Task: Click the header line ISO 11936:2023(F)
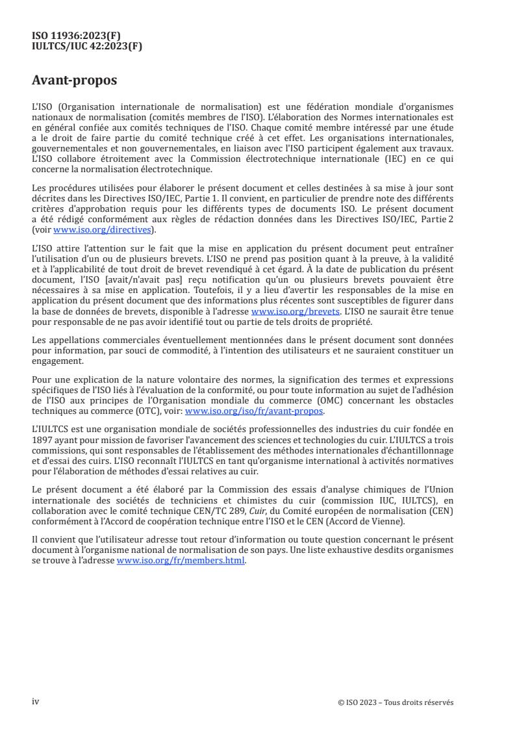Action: click(76, 36)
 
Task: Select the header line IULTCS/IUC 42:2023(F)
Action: click(87, 45)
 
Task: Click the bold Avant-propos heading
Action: click(75, 81)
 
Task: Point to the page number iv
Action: click(36, 702)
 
